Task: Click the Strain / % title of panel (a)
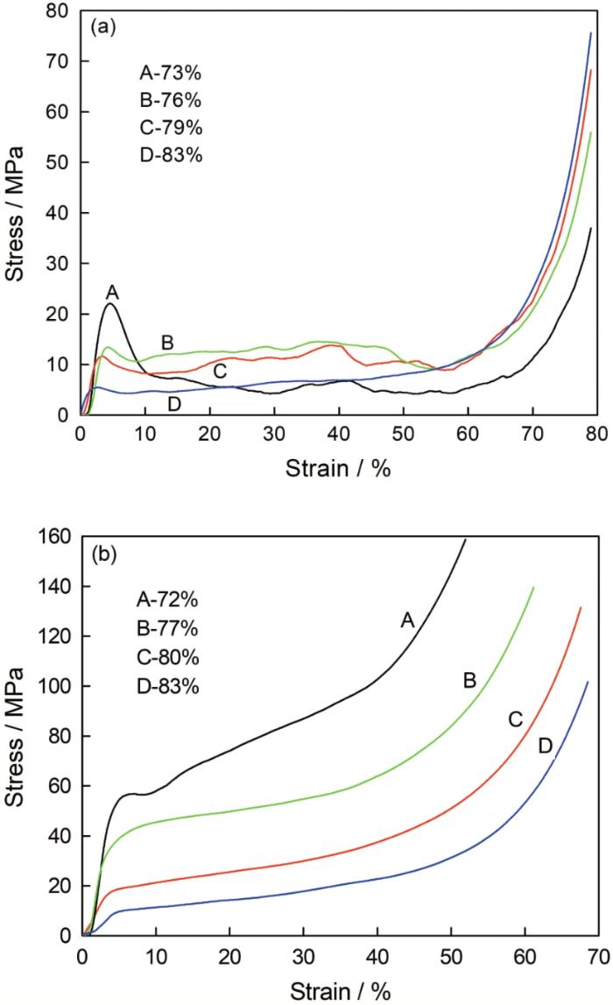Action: (337, 468)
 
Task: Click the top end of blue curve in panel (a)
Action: (591, 33)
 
